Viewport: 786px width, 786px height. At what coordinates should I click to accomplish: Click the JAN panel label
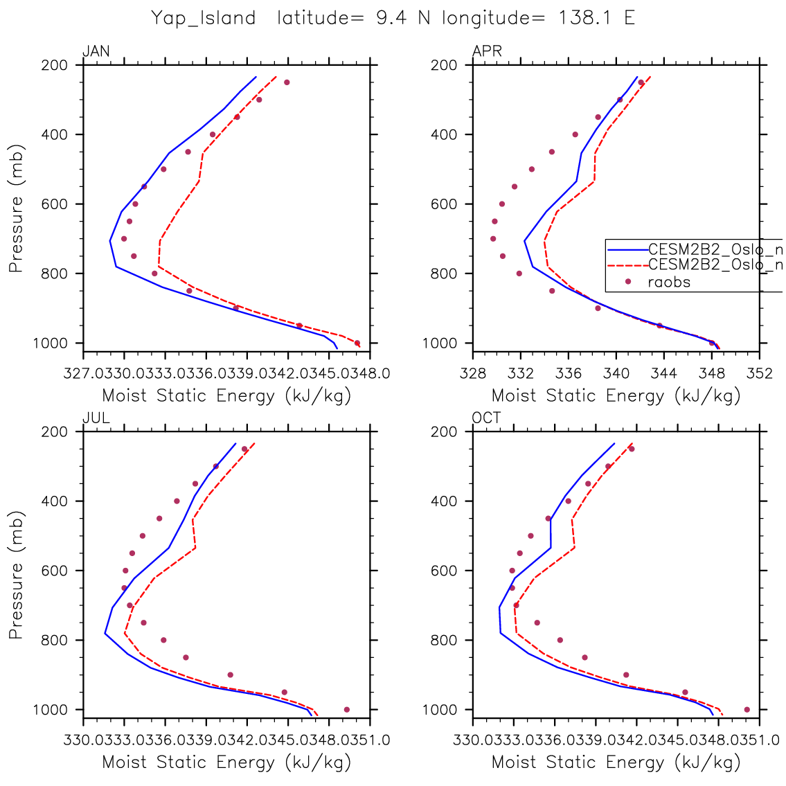click(96, 52)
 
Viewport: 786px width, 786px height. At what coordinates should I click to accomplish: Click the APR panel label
click(487, 52)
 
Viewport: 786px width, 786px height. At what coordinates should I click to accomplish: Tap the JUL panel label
click(96, 418)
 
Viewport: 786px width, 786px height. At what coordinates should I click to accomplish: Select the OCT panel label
click(487, 418)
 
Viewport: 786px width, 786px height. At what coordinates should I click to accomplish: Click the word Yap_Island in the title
click(204, 18)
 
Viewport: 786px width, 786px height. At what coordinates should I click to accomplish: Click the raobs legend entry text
click(669, 282)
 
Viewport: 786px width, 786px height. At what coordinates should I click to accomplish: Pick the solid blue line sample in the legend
click(627, 248)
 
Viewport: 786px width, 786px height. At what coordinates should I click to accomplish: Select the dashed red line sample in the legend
click(627, 265)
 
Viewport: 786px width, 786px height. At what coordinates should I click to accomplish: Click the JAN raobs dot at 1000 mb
click(357, 343)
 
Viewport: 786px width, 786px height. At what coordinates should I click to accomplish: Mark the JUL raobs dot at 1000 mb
click(347, 709)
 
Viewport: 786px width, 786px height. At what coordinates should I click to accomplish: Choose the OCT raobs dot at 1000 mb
click(747, 709)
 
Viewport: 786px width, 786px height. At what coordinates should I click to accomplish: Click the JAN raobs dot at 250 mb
click(287, 82)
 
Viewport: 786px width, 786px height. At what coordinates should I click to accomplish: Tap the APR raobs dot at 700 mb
click(493, 239)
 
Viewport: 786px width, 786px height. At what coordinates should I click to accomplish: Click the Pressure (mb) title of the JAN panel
click(17, 208)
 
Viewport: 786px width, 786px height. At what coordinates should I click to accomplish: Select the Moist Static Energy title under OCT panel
click(616, 762)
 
